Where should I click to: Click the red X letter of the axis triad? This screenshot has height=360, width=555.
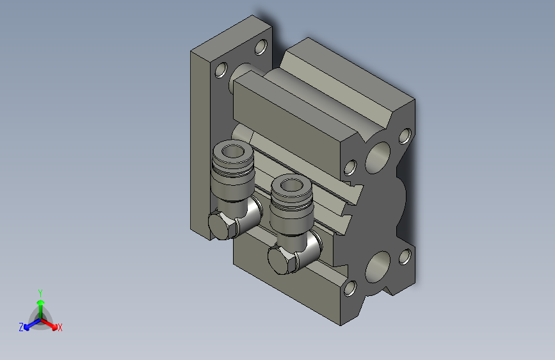(60, 328)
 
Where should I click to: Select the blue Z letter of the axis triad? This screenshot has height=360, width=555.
(21, 327)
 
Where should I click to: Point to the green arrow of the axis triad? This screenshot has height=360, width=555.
(40, 303)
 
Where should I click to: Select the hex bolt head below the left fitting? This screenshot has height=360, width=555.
(221, 226)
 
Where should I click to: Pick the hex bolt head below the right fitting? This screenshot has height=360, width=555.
(280, 260)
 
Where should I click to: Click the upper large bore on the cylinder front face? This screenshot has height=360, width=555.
(379, 154)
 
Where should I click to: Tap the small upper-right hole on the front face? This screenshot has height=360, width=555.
(405, 136)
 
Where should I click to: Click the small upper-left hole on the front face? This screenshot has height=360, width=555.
(350, 168)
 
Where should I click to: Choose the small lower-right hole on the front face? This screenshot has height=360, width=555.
(405, 257)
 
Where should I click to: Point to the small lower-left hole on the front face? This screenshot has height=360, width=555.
(350, 289)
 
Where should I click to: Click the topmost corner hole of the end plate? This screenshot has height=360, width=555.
(261, 47)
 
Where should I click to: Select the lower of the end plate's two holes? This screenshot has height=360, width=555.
(221, 69)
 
